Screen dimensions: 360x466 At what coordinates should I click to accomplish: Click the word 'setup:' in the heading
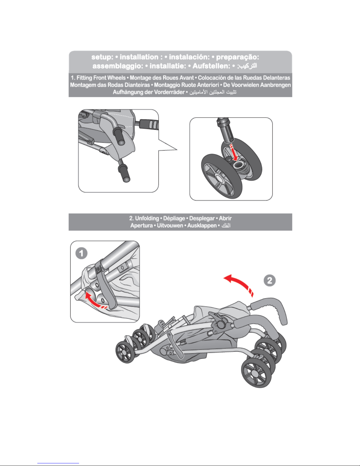[x=102, y=57]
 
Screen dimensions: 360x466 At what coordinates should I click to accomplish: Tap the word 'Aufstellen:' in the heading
[x=211, y=66]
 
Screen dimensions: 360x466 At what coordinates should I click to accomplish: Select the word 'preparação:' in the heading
[x=237, y=57]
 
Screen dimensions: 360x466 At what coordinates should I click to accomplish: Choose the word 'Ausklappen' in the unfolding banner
[x=202, y=226]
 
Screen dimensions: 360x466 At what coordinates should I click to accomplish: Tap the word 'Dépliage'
[x=174, y=218]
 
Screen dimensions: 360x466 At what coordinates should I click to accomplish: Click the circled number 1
[x=81, y=253]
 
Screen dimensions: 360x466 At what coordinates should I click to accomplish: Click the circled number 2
[x=269, y=280]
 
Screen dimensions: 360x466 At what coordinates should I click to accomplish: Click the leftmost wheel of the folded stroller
[x=125, y=352]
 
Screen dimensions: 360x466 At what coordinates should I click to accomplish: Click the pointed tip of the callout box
[x=177, y=150]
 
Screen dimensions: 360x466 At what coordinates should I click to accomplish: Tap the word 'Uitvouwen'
[x=170, y=226]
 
